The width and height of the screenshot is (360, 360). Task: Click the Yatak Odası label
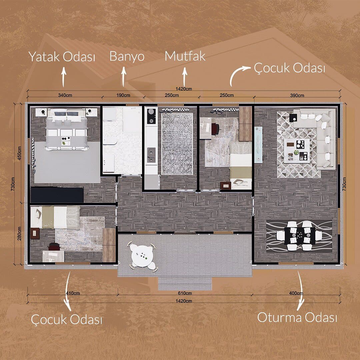(x=62, y=57)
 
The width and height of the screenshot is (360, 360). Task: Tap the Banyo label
(x=127, y=56)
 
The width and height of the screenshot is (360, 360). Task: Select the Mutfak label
(x=185, y=56)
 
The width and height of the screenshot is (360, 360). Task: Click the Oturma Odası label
(x=297, y=318)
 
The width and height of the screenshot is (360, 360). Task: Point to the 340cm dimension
(x=65, y=95)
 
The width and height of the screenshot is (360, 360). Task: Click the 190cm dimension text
(x=123, y=95)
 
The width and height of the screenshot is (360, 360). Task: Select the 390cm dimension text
(x=297, y=95)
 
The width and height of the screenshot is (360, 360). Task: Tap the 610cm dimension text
(x=185, y=293)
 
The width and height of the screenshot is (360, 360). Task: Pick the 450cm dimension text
(x=19, y=153)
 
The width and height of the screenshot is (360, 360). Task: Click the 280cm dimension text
(x=19, y=233)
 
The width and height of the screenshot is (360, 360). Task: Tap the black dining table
(x=300, y=236)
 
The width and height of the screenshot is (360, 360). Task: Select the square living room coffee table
(x=297, y=151)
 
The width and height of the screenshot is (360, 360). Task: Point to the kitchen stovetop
(x=151, y=116)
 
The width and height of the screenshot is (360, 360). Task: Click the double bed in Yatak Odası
(x=67, y=130)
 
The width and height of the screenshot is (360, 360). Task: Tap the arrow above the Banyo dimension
(x=124, y=77)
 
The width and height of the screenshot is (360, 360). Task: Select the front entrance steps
(x=185, y=284)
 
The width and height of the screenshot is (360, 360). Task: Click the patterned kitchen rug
(x=177, y=144)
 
